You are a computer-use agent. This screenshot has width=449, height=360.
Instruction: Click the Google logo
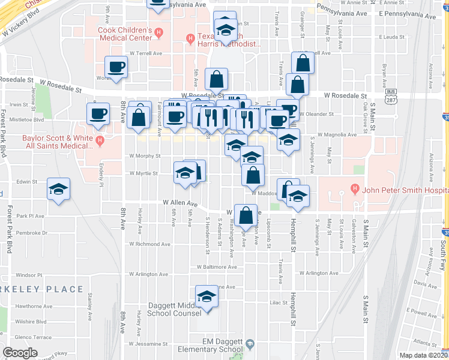[20, 353]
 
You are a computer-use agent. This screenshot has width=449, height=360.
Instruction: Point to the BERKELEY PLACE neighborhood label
[42, 289]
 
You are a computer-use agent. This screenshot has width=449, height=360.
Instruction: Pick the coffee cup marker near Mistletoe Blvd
[98, 112]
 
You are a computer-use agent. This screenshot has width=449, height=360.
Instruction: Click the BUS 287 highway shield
[391, 95]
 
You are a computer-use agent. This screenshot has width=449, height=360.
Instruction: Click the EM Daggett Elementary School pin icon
[250, 344]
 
